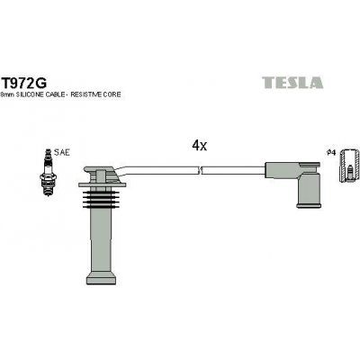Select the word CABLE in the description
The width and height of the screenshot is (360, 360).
click(61, 94)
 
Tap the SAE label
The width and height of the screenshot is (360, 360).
click(59, 154)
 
